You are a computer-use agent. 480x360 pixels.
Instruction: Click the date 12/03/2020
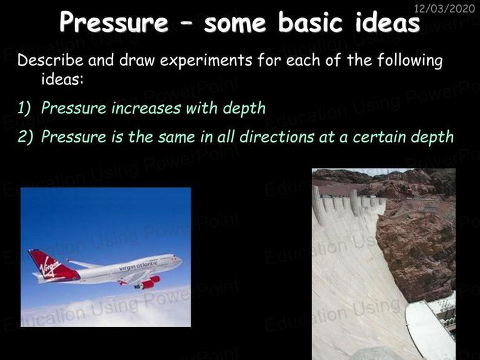pyautogui.click(x=444, y=8)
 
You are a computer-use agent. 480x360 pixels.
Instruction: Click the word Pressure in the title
pyautogui.click(x=114, y=22)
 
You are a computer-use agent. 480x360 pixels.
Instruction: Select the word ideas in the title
pyautogui.click(x=387, y=22)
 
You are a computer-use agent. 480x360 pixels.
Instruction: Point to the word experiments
pyautogui.click(x=206, y=61)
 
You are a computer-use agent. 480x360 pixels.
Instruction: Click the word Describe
pyautogui.click(x=50, y=60)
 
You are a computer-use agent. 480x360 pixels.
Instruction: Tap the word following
pyautogui.click(x=409, y=60)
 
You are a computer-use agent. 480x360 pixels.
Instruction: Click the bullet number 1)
pyautogui.click(x=24, y=108)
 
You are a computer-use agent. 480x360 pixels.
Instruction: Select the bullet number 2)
pyautogui.click(x=25, y=136)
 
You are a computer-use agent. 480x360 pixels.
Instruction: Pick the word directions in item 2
pyautogui.click(x=277, y=136)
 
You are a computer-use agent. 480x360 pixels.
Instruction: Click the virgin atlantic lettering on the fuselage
pyautogui.click(x=138, y=266)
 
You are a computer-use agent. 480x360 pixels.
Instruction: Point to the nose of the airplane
pyautogui.click(x=181, y=261)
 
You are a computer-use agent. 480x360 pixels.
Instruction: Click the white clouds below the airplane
pyautogui.click(x=106, y=309)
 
